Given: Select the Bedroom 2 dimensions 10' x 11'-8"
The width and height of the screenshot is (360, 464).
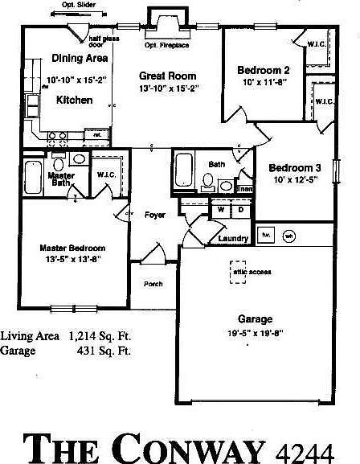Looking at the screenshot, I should tap(263, 82).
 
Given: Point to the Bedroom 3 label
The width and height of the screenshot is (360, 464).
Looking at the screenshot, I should tap(295, 167).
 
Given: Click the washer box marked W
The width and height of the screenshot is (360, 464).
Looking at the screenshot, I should tap(219, 209).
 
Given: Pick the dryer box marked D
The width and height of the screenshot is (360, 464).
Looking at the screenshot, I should tap(239, 209).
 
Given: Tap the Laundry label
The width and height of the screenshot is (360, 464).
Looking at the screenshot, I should tap(232, 238).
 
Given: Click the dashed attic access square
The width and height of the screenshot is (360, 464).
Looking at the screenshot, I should tap(239, 272).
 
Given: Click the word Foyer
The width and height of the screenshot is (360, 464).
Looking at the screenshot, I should tap(155, 215).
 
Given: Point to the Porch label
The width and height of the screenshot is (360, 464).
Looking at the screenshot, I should tap(153, 284).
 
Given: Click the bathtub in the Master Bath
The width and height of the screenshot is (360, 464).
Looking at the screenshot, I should tap(33, 174).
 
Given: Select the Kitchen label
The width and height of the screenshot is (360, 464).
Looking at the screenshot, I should tap(73, 101).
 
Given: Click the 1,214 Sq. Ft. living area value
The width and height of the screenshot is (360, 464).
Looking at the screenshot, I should tap(100, 336).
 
